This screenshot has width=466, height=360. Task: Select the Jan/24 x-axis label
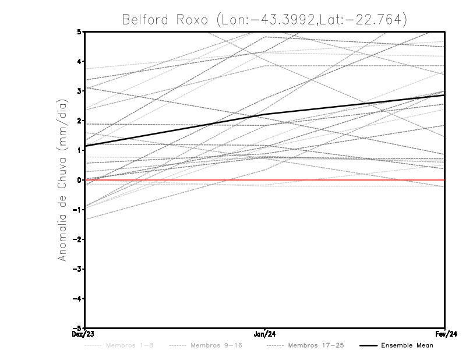[265, 334]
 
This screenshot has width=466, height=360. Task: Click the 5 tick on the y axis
[79, 31]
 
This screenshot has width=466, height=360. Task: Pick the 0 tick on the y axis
[79, 180]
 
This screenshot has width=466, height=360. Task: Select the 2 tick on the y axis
[79, 121]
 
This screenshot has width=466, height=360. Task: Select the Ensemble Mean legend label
[407, 345]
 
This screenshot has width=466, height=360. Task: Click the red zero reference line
[349, 180]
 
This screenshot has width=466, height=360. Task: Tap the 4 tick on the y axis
[79, 61]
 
